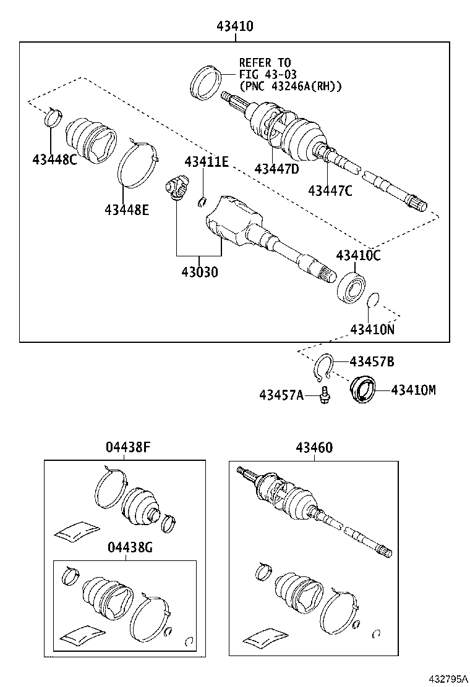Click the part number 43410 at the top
click(x=234, y=27)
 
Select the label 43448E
click(x=127, y=210)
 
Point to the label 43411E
click(x=207, y=162)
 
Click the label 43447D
click(x=276, y=168)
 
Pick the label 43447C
click(x=330, y=190)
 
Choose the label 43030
click(x=200, y=272)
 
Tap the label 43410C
click(x=358, y=255)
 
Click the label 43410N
click(x=372, y=329)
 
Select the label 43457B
click(x=372, y=361)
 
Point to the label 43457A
click(x=281, y=395)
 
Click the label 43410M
click(x=414, y=390)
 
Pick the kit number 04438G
click(x=130, y=547)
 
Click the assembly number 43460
click(x=314, y=447)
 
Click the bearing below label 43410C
click(x=351, y=289)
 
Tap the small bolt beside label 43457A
click(x=325, y=395)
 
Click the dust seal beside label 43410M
click(x=362, y=389)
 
